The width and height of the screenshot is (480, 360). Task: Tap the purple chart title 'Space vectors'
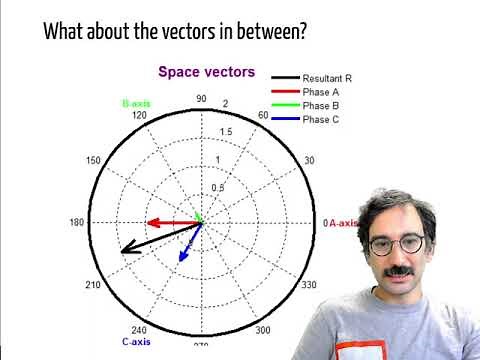207,72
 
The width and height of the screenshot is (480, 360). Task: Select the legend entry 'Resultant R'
327,77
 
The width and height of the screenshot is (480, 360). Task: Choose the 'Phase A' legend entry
322,91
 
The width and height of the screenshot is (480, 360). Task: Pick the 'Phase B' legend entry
322,105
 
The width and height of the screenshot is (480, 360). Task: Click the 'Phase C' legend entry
322,119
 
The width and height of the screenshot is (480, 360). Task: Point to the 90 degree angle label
201,99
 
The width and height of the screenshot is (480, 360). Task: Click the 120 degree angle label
139,116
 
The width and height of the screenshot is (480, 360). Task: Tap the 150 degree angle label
94,161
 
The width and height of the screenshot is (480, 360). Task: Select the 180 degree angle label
78,222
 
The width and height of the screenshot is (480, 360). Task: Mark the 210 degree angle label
94,286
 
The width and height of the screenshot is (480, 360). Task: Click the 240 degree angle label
139,330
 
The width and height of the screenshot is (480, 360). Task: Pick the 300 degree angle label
263,330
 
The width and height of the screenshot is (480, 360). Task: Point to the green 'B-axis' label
135,104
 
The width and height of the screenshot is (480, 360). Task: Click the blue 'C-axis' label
136,342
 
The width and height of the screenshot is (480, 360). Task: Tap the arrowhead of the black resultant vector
123,251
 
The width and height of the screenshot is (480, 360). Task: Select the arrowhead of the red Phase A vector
151,222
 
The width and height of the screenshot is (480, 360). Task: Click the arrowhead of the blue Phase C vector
181,258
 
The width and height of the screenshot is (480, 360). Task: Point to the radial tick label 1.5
226,132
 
